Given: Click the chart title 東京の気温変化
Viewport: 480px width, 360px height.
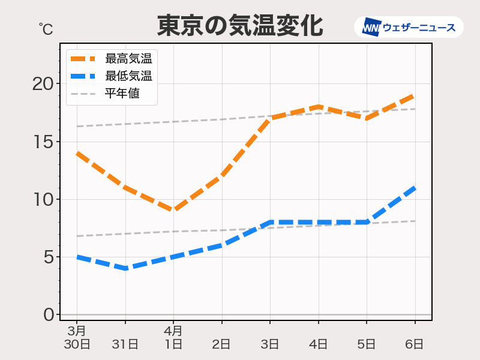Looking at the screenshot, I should tap(240, 26).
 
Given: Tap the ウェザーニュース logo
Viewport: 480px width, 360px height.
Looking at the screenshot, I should tap(409, 27).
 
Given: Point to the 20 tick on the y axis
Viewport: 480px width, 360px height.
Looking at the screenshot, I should tap(43, 84).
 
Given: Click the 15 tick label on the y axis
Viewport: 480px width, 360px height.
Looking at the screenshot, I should tap(43, 142).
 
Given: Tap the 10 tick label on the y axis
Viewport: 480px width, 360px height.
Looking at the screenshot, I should tap(43, 199).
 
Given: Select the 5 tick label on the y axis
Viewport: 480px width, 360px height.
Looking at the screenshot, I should tap(48, 257).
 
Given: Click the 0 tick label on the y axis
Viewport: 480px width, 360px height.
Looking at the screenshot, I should tap(48, 314).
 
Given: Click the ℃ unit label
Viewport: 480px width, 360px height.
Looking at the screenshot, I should tap(46, 28).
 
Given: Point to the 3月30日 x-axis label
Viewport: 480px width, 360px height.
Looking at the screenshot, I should tap(77, 337).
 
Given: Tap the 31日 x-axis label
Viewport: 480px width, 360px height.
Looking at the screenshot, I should tap(125, 344).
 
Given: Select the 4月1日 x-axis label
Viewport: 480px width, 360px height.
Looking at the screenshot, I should tap(173, 337).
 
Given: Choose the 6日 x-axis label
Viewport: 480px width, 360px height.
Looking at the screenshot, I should tap(415, 344).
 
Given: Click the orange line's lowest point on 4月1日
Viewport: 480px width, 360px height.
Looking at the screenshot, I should tap(173, 211).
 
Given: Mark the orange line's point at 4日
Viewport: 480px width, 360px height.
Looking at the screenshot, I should tap(318, 107).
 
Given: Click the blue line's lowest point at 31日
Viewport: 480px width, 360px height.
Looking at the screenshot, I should tap(125, 268).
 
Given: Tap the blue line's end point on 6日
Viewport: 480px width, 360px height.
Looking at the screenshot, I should tap(415, 188).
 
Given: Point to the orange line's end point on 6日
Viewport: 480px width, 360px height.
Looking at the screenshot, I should tap(415, 95).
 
